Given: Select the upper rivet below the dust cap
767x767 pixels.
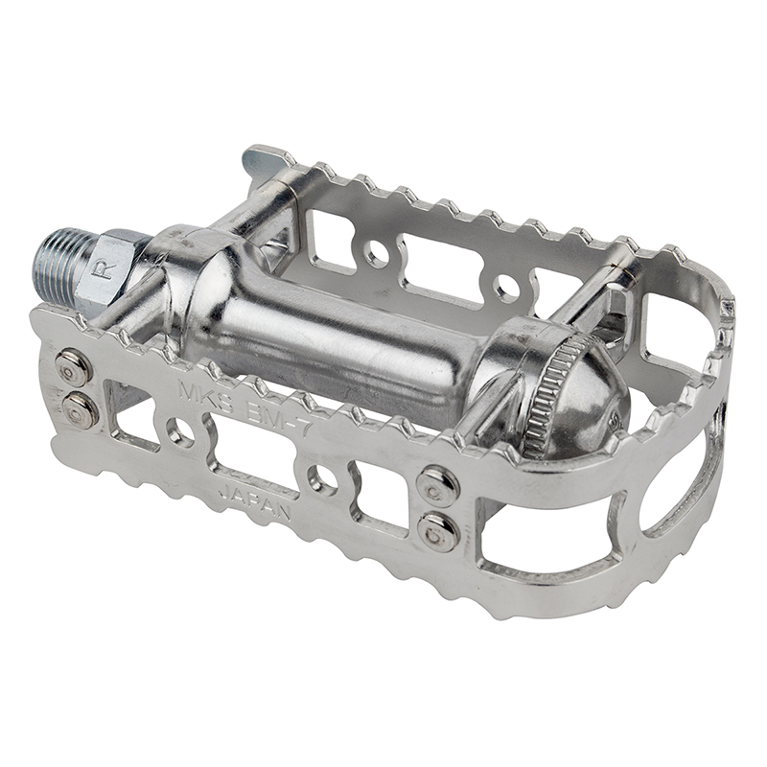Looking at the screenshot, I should [x=440, y=484].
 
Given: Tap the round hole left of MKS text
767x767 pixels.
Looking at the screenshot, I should [x=179, y=432].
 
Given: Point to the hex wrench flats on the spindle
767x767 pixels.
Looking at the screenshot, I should [x=120, y=264].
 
